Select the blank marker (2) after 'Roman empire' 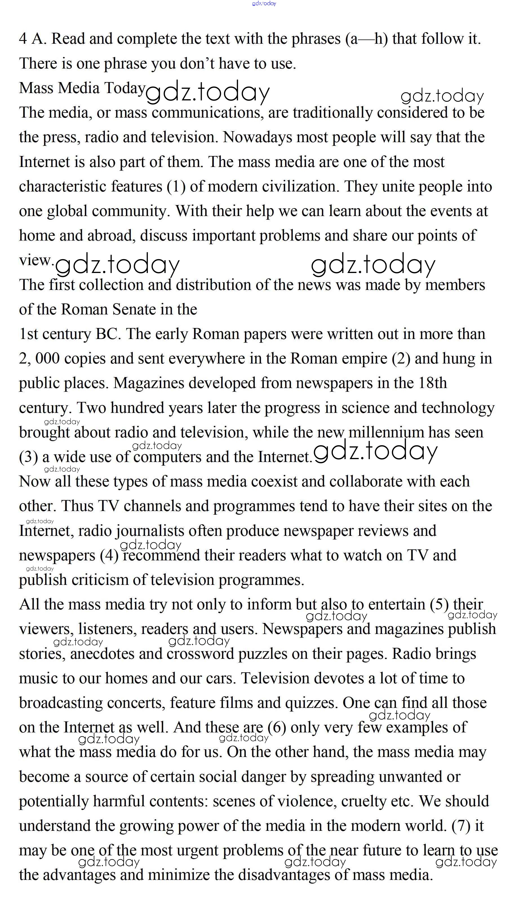click(401, 358)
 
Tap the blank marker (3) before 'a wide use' click(28, 457)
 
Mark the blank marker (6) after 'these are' click(277, 727)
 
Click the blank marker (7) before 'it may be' click(461, 826)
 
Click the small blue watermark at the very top click(264, 3)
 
